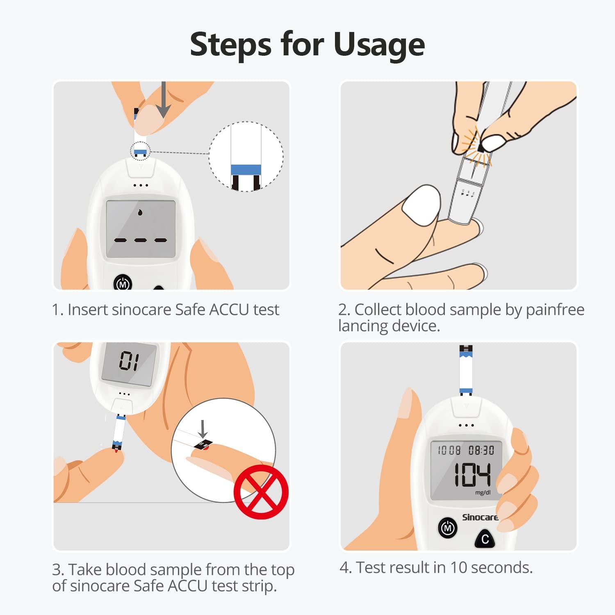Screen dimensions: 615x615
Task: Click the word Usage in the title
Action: click(379, 44)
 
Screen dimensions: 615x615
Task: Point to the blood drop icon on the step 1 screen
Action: click(140, 212)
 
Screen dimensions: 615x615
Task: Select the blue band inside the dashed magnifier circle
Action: click(246, 170)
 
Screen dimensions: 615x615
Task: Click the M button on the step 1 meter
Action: click(123, 284)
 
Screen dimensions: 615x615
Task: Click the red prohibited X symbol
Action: click(261, 492)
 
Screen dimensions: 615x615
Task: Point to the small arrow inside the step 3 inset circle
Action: click(203, 429)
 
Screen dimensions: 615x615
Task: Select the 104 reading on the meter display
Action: click(471, 475)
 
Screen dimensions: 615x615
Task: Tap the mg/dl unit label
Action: click(483, 492)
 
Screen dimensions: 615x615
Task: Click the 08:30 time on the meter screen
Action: click(481, 451)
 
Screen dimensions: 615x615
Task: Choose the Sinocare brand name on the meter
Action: click(480, 517)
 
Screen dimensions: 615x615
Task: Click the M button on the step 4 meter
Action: click(448, 528)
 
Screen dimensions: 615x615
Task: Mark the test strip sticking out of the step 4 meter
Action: click(466, 369)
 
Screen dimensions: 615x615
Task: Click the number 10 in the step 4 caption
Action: click(458, 568)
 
